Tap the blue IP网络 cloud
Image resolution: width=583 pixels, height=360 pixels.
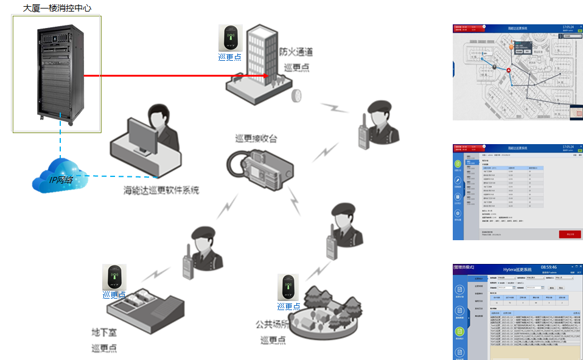point(59,176)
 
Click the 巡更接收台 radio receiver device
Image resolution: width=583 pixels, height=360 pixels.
point(259,167)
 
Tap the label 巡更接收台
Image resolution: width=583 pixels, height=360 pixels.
point(256,139)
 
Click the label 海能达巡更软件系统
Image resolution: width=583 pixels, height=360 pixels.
point(161,190)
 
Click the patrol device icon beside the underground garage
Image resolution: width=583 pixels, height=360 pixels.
point(114,277)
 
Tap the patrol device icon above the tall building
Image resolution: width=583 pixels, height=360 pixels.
point(231,38)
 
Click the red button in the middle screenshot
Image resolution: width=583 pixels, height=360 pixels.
point(570,234)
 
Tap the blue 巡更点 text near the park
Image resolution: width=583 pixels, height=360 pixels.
point(288,306)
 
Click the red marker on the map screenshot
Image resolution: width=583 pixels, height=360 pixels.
point(509,71)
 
